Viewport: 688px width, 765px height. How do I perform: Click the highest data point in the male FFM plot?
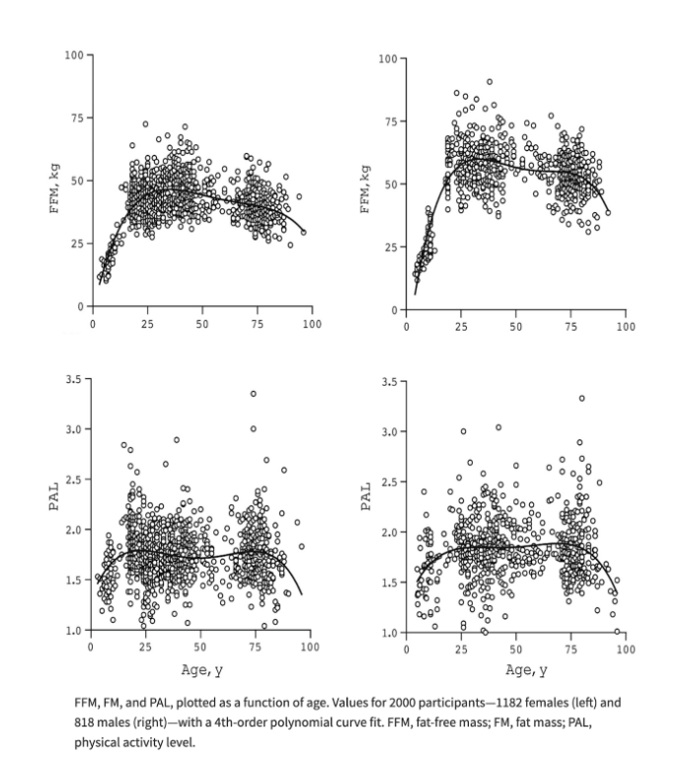point(489,82)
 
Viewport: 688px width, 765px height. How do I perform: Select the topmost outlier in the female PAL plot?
point(254,394)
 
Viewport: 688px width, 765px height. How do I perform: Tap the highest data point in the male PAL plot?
point(582,399)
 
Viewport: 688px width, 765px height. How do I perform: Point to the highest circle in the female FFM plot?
point(145,124)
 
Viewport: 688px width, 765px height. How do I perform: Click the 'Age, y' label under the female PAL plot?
point(201,670)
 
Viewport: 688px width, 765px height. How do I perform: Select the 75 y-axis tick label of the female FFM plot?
point(74,117)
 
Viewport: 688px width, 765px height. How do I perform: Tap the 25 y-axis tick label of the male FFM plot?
point(390,248)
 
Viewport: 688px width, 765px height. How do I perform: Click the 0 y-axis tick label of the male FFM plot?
point(395,310)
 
